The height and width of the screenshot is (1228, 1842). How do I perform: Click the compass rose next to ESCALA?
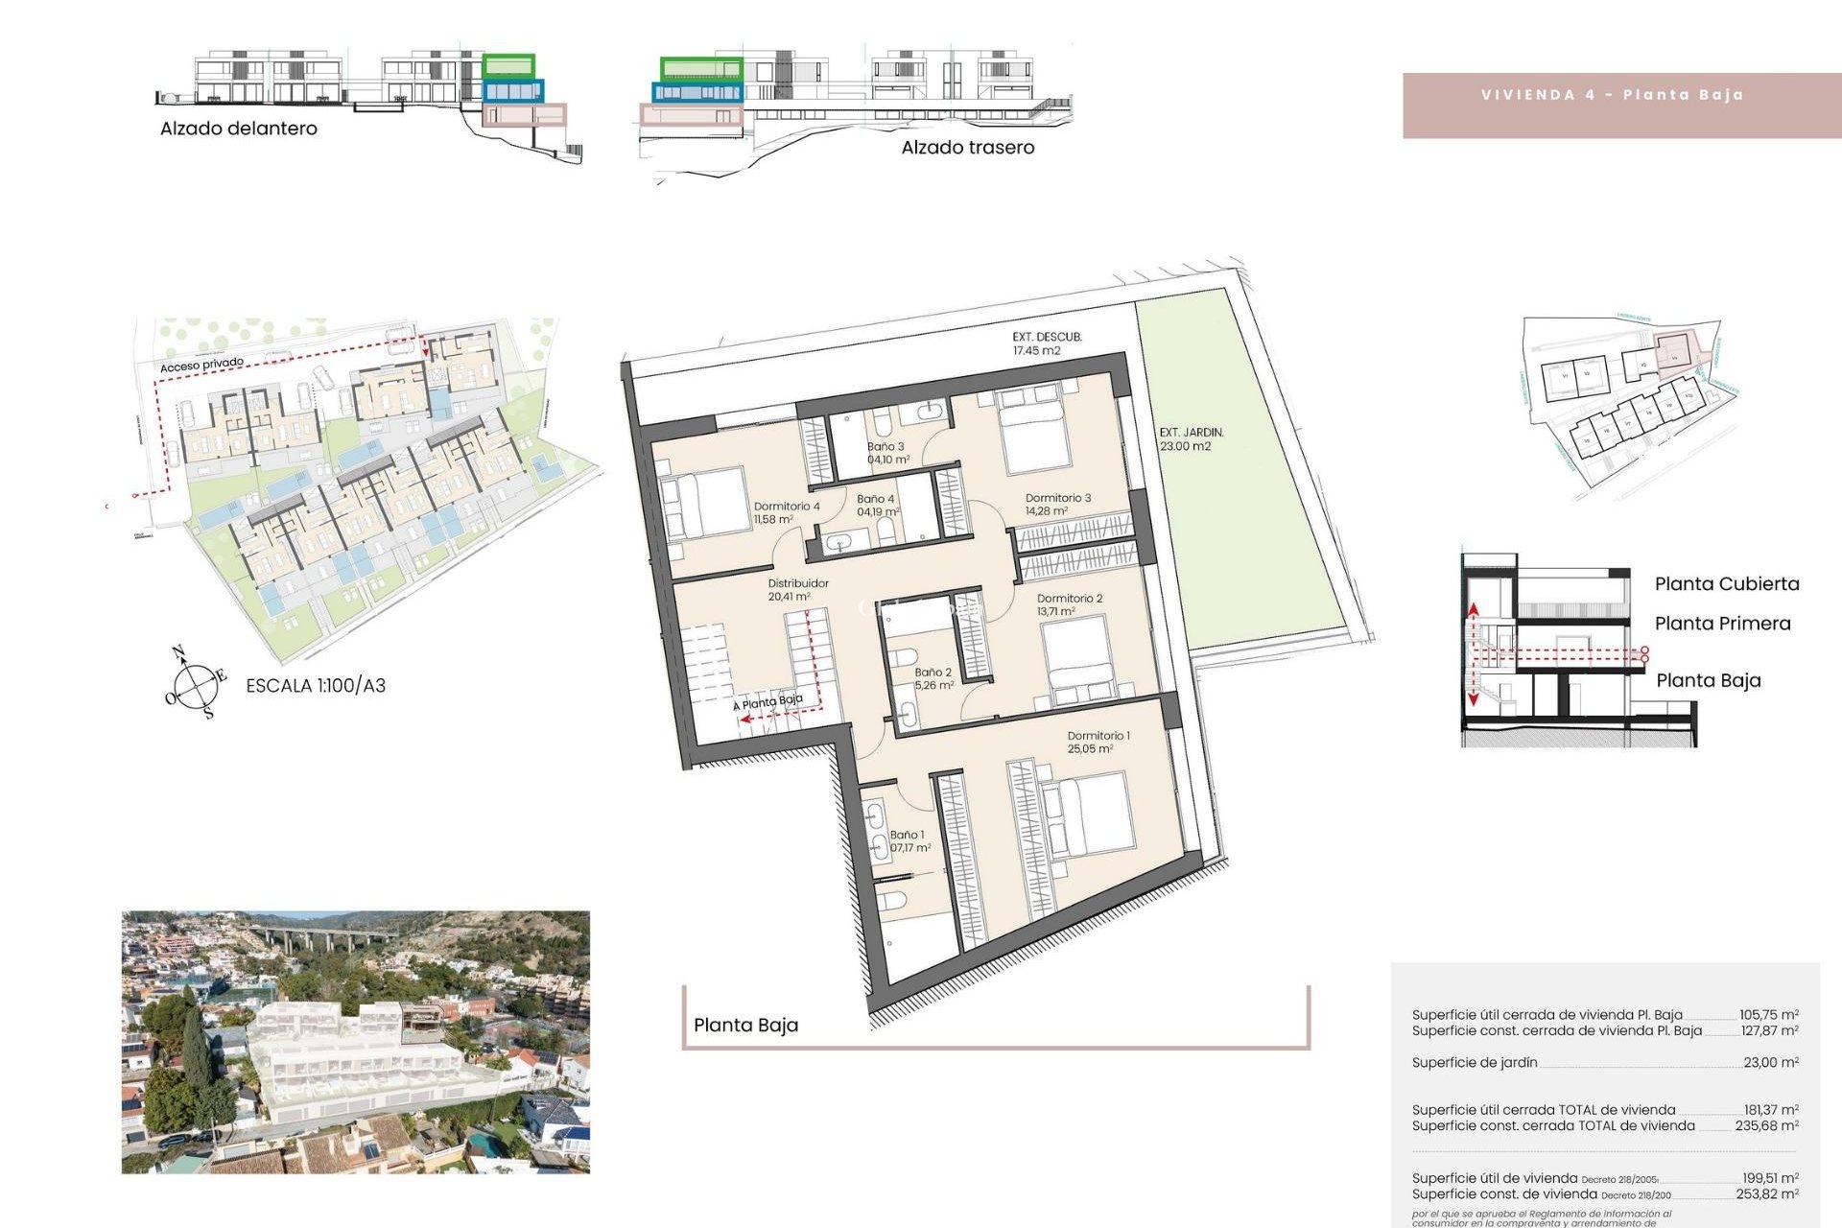point(196,684)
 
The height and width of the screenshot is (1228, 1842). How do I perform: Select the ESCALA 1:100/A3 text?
point(316,686)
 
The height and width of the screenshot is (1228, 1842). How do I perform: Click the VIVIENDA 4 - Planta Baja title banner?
point(1613,96)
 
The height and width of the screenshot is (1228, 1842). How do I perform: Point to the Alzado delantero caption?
point(238,129)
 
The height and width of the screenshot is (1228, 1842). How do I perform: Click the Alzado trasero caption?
point(967,148)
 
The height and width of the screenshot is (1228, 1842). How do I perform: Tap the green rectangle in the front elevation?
point(508,66)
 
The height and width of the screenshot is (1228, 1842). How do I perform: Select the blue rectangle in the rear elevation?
point(697,92)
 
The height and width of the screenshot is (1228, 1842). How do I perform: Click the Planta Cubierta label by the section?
point(1726,584)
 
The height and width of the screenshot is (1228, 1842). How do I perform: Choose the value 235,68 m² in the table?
point(1766,1126)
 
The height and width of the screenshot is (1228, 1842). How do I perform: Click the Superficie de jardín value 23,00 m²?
point(1770,1063)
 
